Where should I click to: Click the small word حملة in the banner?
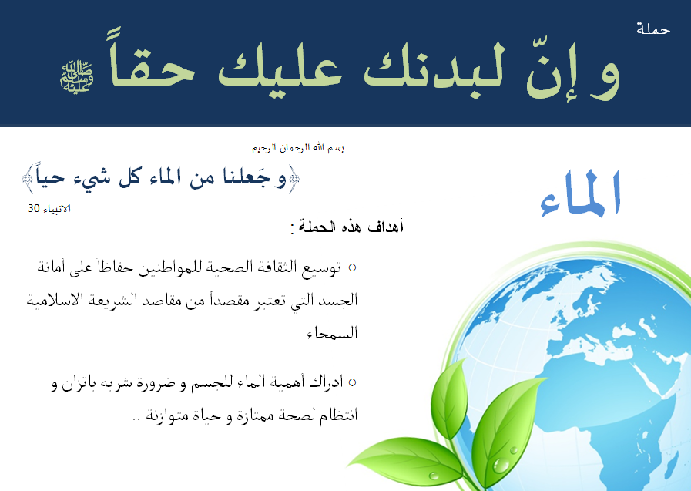[653, 29]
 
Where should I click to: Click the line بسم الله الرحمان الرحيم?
[298, 148]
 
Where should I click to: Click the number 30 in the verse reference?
[34, 208]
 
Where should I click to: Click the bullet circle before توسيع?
[352, 267]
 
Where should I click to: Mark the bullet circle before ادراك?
[352, 382]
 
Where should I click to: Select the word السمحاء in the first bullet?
[332, 333]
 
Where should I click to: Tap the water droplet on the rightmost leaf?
[500, 464]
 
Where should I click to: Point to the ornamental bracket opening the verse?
[293, 179]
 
